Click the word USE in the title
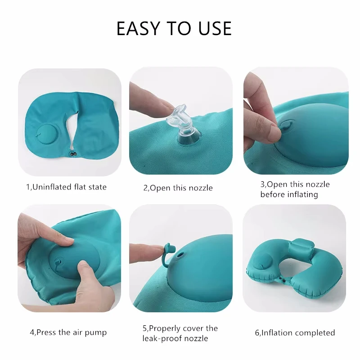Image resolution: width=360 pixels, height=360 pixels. pyautogui.click(x=214, y=29)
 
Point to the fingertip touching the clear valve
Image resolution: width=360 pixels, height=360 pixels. pyautogui.click(x=160, y=106)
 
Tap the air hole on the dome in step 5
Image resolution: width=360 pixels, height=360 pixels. pyautogui.click(x=181, y=254)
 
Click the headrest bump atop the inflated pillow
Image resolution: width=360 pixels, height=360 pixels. pyautogui.click(x=300, y=247)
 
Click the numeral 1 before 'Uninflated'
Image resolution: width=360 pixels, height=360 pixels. pyautogui.click(x=27, y=186)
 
